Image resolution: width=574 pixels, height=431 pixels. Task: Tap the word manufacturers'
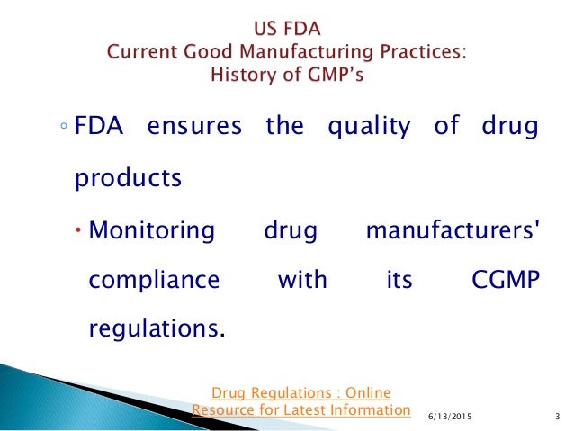point(453,229)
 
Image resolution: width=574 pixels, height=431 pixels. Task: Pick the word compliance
point(154,280)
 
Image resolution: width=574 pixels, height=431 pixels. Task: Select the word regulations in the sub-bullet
point(153,329)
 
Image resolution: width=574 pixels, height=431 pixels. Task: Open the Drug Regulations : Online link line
point(301,391)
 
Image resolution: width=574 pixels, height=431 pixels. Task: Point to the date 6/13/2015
point(447,415)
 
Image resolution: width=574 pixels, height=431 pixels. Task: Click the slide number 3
point(558,415)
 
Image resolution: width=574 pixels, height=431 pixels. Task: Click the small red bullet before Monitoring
point(78,230)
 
